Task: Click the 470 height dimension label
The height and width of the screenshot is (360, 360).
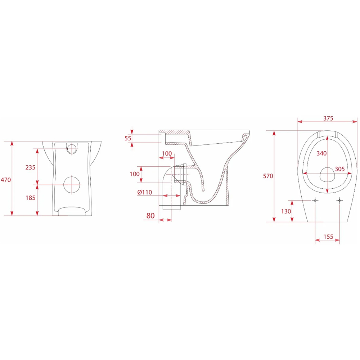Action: click(6, 180)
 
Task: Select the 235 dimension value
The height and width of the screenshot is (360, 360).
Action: click(30, 167)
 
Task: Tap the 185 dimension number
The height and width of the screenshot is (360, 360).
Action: click(30, 198)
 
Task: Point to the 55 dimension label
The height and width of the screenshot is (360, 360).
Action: click(128, 138)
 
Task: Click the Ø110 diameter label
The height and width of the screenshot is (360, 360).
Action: click(145, 192)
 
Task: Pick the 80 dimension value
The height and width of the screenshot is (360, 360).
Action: click(150, 216)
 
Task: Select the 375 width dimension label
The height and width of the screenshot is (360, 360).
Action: click(328, 118)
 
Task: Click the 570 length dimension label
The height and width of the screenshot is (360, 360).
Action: click(268, 176)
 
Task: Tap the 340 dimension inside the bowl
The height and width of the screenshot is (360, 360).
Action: click(321, 153)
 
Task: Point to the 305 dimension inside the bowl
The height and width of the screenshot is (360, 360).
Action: click(340, 169)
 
